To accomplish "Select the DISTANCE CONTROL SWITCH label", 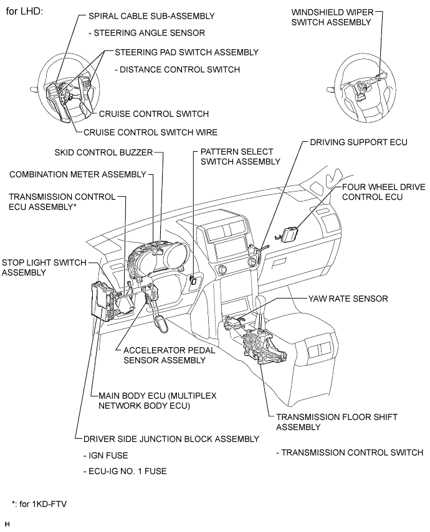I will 177,70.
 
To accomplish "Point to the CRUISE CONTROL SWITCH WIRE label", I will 150,132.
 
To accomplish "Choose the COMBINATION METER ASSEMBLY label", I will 77,174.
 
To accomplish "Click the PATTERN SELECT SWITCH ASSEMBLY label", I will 240,157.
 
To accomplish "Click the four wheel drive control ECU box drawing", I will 290,235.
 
